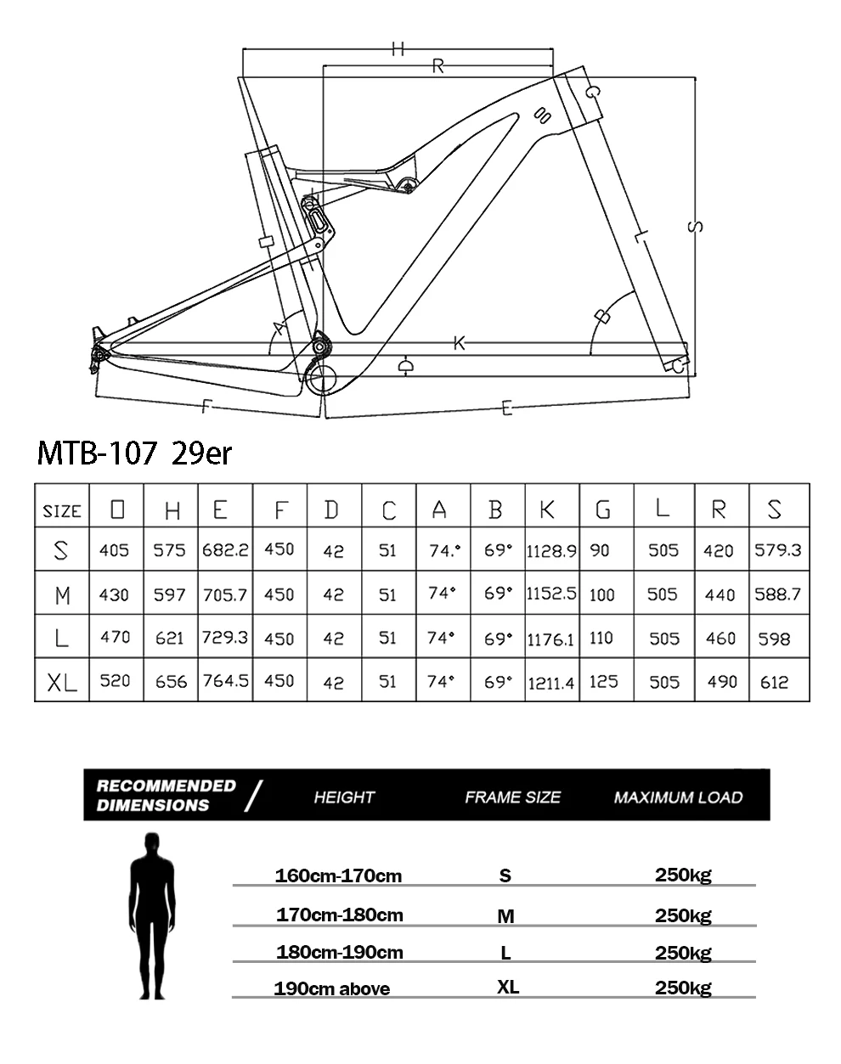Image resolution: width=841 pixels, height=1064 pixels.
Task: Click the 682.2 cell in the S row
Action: click(225, 549)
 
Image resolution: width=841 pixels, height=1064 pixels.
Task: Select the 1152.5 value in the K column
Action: click(551, 594)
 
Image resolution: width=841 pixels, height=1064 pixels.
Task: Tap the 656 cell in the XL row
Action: click(171, 681)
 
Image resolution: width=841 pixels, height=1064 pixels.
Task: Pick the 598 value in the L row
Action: click(774, 638)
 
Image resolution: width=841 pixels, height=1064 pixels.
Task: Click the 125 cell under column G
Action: click(603, 681)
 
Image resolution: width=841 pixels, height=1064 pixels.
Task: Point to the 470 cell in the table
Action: click(116, 637)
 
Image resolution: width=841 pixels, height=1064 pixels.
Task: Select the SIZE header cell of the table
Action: click(62, 510)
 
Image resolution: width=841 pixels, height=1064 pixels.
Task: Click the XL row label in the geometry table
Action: click(62, 681)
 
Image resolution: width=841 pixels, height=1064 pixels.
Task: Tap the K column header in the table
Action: click(548, 509)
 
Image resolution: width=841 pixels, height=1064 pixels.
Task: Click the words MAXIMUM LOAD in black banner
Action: click(678, 797)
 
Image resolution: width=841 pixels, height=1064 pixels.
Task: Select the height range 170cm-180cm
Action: click(340, 915)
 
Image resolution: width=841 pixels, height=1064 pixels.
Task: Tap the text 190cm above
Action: click(332, 989)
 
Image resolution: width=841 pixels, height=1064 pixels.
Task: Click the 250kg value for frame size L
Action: click(683, 953)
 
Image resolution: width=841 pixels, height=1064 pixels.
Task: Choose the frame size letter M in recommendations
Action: click(505, 916)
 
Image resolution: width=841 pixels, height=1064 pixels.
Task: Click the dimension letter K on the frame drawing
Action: click(460, 343)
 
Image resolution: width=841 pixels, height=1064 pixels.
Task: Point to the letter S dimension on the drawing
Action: click(694, 226)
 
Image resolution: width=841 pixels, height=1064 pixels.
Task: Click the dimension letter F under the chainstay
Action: click(206, 406)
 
